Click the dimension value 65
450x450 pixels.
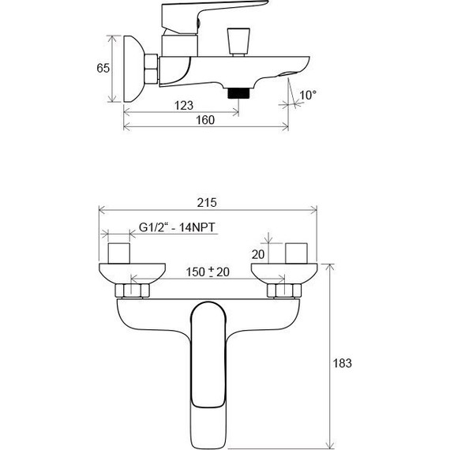point(103,68)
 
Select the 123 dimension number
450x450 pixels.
point(184,104)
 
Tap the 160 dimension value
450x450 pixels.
point(204,121)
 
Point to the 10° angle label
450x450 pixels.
point(308,95)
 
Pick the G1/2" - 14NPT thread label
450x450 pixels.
point(177,228)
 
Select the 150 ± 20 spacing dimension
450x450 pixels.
point(207,272)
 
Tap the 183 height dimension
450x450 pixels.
point(341,363)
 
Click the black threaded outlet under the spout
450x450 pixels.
point(238,92)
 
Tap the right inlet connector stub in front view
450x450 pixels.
point(297,253)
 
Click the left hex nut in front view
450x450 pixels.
point(131,291)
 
